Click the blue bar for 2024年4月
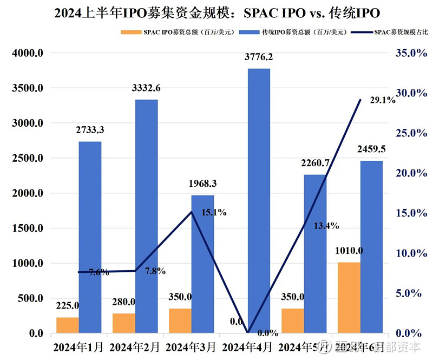click(259, 200)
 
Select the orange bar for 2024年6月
click(349, 298)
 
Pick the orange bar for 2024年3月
click(180, 320)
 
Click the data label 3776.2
click(259, 57)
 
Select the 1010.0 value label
click(349, 251)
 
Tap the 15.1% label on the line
click(213, 213)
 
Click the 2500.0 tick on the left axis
click(27, 158)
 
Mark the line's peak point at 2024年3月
click(191, 212)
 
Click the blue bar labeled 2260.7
click(315, 253)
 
